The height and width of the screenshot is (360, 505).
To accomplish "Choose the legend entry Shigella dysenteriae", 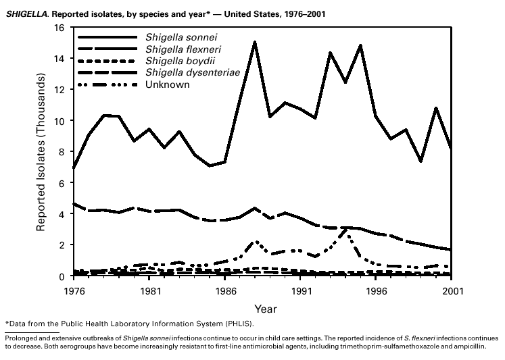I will [187, 72].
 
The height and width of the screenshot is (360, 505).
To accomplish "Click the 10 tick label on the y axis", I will [60, 121].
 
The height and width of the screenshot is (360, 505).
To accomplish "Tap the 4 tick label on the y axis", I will [63, 214].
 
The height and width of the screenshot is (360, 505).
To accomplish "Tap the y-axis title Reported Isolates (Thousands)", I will [42, 153].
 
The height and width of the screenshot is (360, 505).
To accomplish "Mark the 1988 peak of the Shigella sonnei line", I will [254, 42].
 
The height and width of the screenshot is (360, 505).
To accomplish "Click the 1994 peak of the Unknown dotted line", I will [345, 230].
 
